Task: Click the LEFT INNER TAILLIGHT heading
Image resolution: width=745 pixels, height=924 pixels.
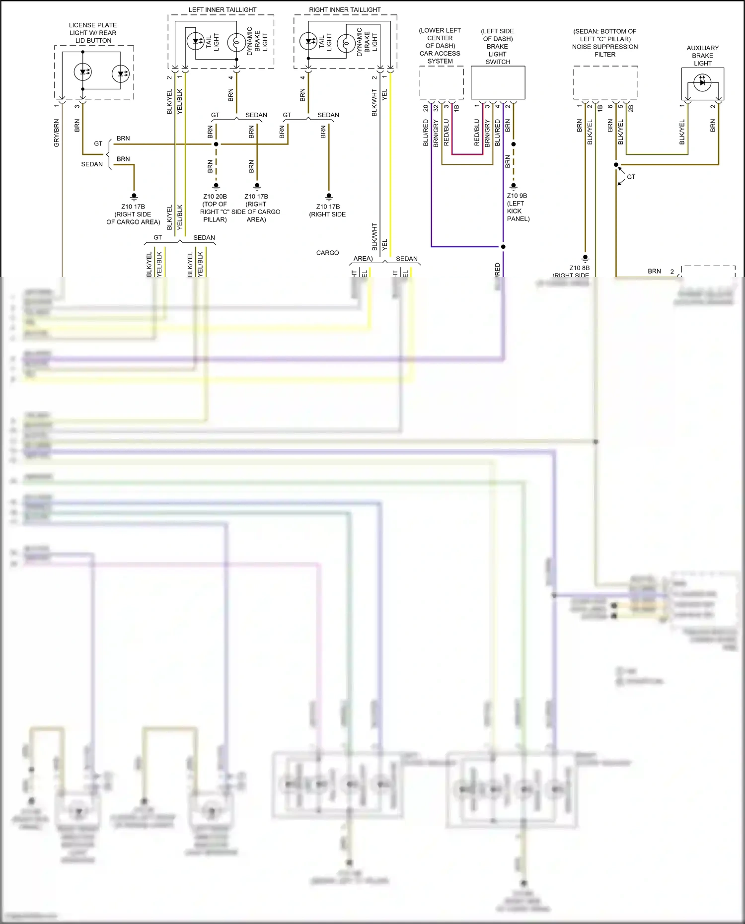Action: click(223, 9)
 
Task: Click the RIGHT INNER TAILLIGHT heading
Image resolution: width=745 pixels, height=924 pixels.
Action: click(345, 9)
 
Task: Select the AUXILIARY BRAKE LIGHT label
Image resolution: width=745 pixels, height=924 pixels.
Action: click(702, 56)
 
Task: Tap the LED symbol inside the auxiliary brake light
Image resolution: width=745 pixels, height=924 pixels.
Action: click(702, 82)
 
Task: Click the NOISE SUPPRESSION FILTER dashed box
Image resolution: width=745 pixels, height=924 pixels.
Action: click(605, 82)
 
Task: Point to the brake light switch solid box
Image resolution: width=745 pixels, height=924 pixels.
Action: click(498, 82)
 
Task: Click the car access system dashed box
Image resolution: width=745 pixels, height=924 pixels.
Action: click(442, 82)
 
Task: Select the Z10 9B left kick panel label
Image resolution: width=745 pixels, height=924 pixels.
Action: click(518, 207)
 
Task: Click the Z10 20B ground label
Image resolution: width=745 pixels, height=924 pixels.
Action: click(215, 208)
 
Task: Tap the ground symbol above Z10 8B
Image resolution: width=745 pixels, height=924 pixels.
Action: click(585, 258)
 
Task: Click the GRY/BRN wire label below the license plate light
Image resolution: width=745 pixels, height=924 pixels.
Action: click(57, 133)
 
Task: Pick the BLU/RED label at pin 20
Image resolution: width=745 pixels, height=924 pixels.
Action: click(426, 133)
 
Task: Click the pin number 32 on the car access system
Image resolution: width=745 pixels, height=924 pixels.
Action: click(436, 107)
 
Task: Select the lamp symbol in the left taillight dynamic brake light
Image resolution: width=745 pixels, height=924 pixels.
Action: click(236, 43)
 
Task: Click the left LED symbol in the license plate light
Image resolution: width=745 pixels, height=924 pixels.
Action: click(82, 72)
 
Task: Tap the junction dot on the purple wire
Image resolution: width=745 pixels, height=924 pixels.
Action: click(503, 247)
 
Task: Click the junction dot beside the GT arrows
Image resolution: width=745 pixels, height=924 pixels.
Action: click(616, 165)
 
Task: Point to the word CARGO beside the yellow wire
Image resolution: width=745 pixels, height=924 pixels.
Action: click(327, 253)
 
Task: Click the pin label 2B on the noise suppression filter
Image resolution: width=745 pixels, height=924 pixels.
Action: click(631, 107)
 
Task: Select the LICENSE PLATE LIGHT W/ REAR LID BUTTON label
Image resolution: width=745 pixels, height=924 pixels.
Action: click(93, 33)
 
